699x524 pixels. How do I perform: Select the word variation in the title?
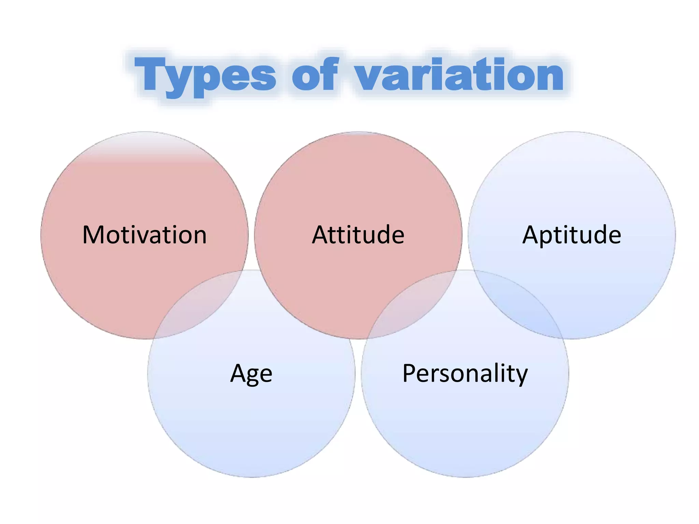459,75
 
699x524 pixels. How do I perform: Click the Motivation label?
144,235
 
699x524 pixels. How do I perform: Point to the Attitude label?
358,235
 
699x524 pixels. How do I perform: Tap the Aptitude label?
572,235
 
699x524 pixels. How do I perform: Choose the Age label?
251,374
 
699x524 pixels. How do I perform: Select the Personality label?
465,374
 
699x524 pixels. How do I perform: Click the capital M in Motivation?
93,235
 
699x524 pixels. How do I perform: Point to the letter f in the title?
328,73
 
